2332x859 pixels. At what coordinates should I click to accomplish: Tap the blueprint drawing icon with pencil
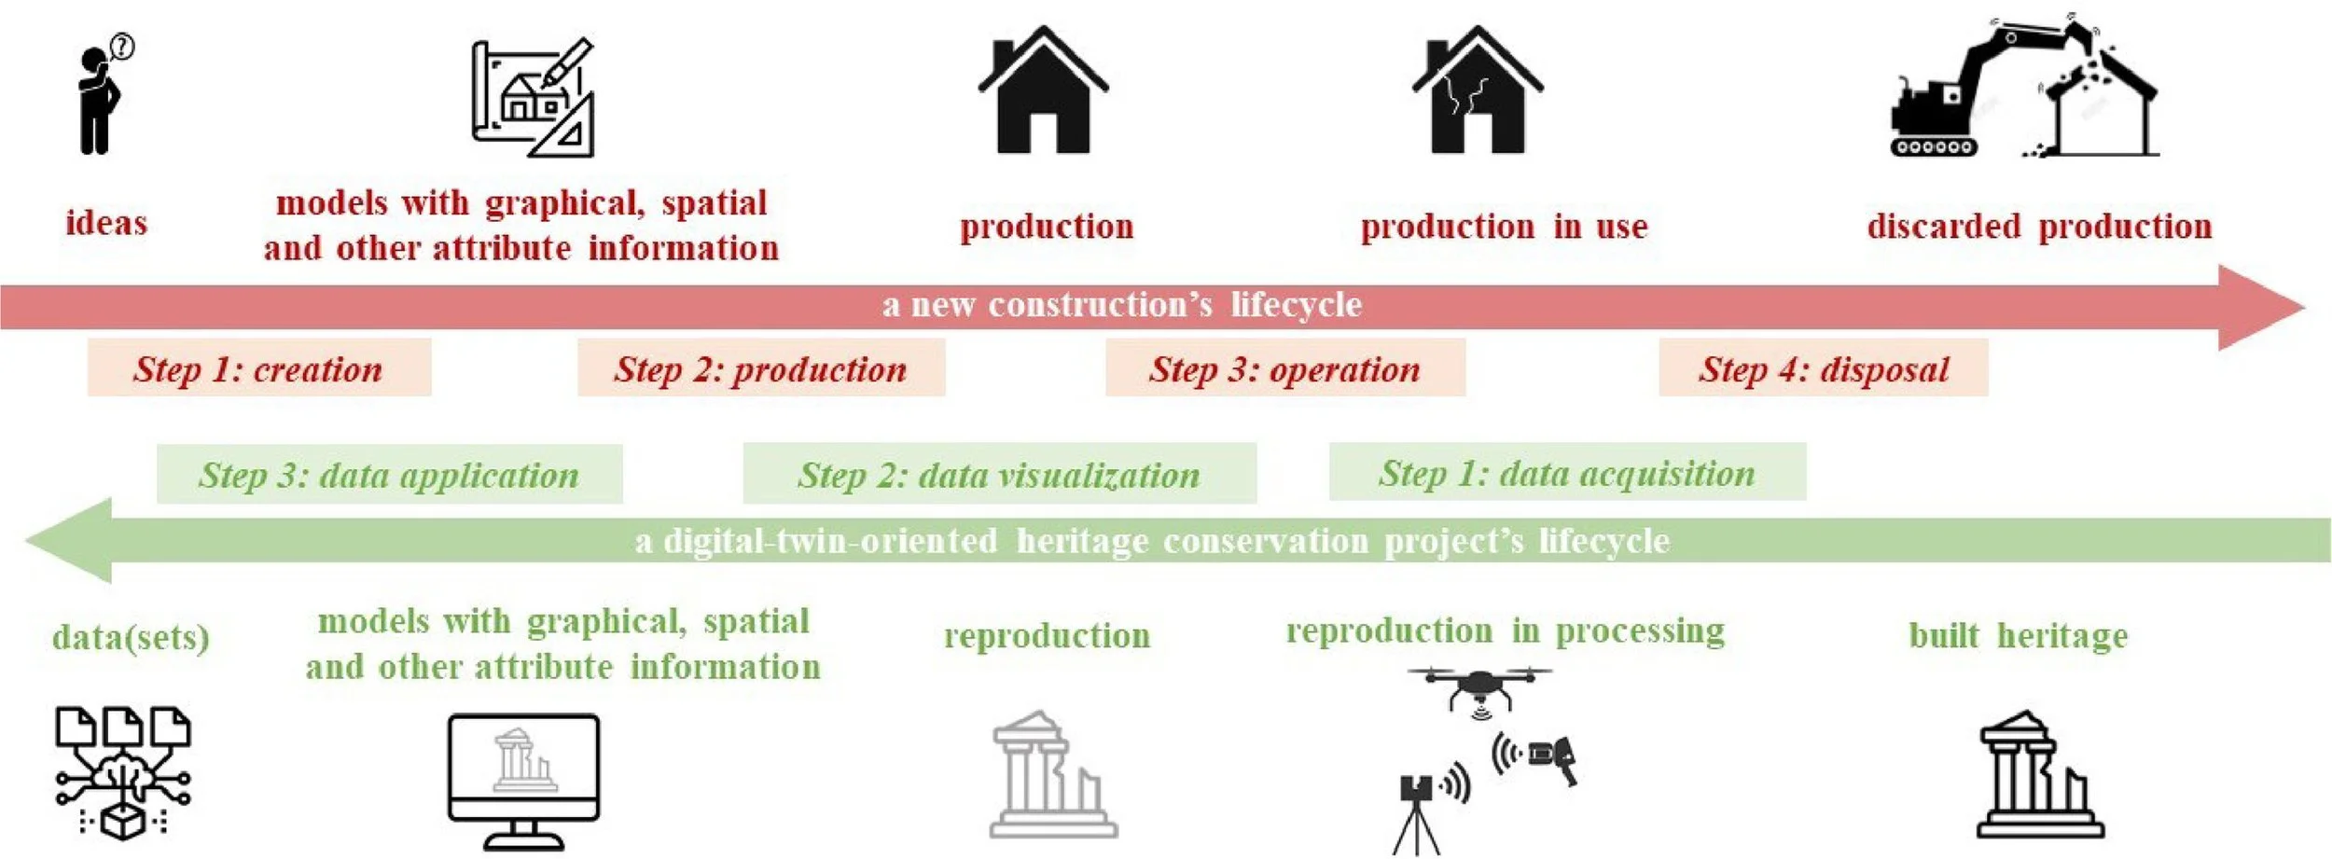coord(533,98)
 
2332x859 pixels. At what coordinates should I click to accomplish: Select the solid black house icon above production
coord(1043,93)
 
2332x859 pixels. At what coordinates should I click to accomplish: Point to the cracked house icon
coord(1477,93)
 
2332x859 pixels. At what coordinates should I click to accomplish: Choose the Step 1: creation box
coord(258,368)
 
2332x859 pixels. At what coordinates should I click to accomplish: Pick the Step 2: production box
coord(760,368)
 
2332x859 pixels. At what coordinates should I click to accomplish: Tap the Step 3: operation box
coord(1284,368)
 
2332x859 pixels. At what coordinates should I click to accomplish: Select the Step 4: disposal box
coord(1823,368)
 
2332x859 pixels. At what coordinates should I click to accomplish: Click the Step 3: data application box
coord(389,475)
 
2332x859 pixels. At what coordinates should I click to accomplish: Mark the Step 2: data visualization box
coord(999,475)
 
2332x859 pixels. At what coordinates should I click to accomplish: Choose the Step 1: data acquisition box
coord(1567,473)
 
